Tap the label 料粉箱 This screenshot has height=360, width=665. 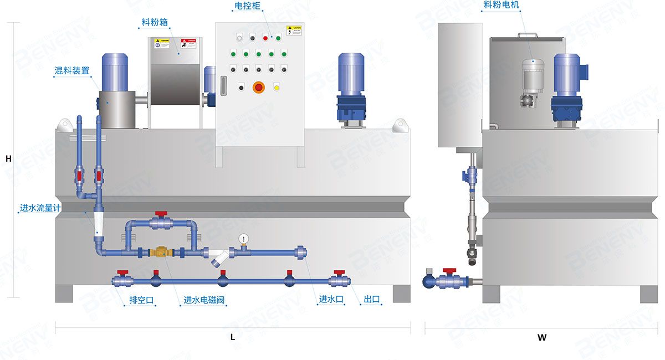(x=155, y=23)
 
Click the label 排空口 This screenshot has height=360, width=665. (x=141, y=300)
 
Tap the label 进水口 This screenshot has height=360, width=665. (x=331, y=299)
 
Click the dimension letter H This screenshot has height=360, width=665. (x=8, y=158)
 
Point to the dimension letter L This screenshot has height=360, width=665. (x=233, y=336)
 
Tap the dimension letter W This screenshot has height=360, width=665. (x=541, y=337)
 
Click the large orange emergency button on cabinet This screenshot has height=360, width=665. (x=259, y=87)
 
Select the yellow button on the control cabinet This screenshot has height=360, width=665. (x=277, y=86)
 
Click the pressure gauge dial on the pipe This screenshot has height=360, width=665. (x=243, y=239)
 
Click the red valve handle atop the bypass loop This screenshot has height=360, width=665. (x=161, y=213)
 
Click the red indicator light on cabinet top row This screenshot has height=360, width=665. (x=265, y=38)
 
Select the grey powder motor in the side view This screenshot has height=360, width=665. (x=531, y=78)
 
